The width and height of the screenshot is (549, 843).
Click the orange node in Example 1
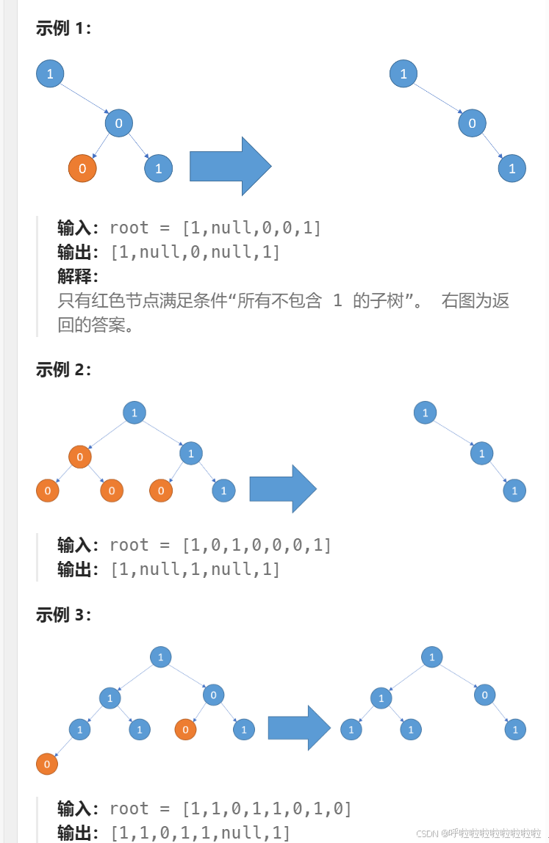(x=82, y=169)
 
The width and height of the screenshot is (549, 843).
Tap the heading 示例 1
(x=63, y=29)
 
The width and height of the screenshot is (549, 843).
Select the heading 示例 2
(x=63, y=369)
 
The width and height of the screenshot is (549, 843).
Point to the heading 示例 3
(x=63, y=615)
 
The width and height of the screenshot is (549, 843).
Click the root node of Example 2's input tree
(x=134, y=413)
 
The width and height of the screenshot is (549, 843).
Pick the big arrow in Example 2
(x=282, y=488)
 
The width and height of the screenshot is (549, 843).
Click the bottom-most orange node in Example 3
(x=46, y=764)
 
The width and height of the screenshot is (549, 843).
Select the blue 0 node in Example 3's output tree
(x=484, y=694)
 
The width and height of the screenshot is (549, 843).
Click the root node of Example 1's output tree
(x=403, y=73)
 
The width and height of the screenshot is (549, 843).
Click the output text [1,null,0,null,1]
(x=195, y=252)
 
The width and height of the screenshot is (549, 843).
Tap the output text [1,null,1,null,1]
(x=195, y=569)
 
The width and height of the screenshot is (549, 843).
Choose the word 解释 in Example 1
(x=76, y=276)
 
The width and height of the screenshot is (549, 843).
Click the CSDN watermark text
(x=478, y=833)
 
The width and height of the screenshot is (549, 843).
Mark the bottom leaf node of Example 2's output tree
(x=514, y=491)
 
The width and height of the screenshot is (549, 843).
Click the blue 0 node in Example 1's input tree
(x=118, y=123)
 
